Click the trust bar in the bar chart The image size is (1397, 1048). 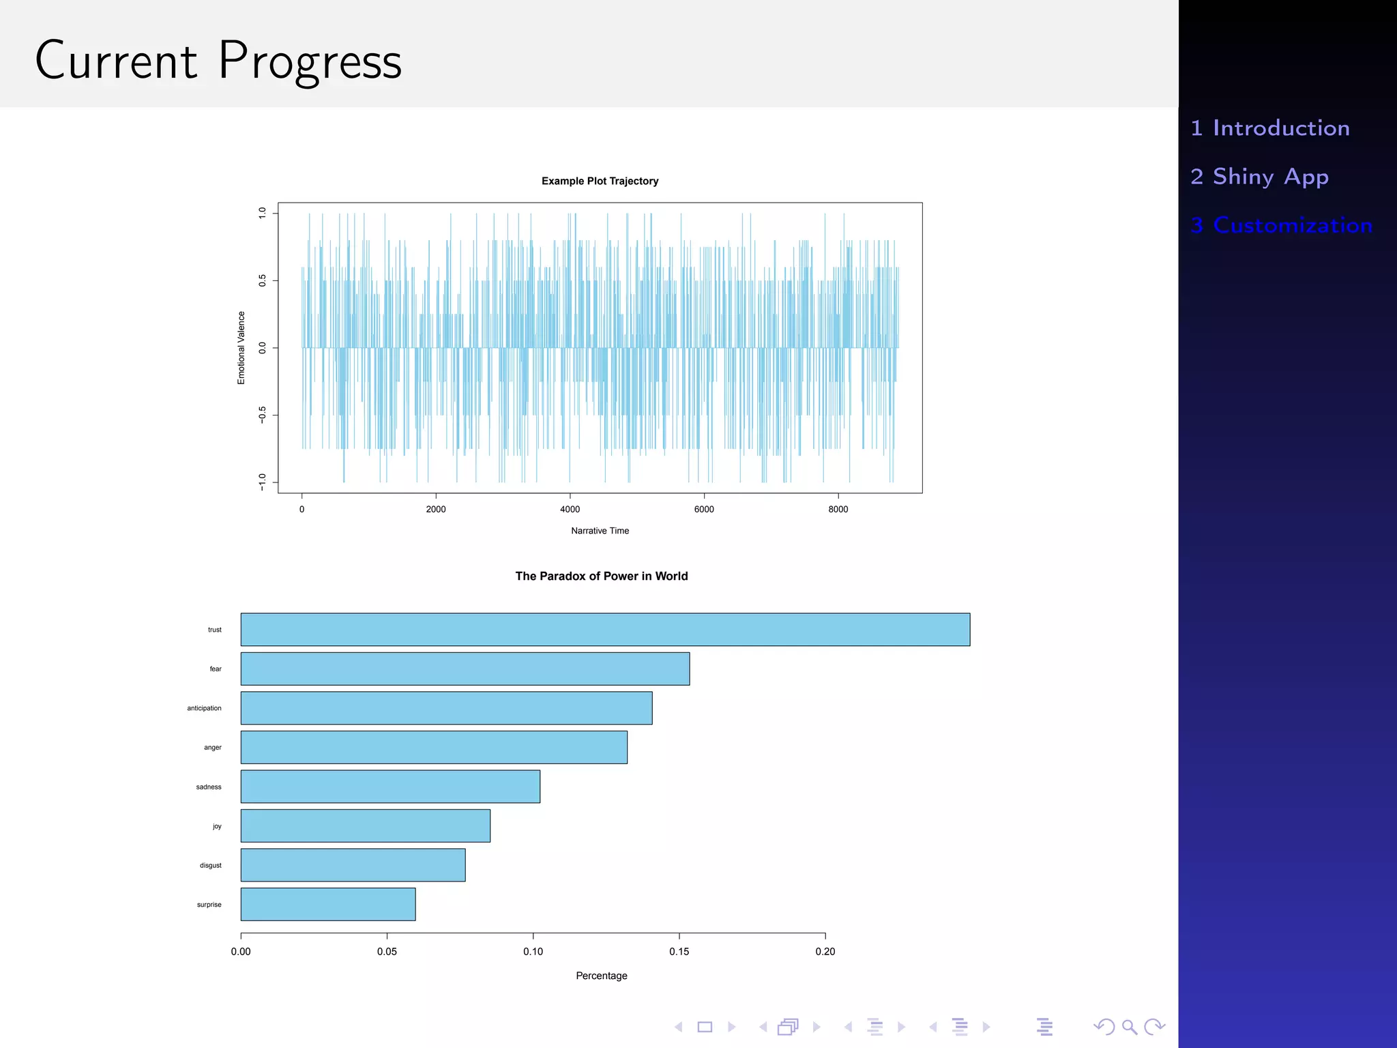pyautogui.click(x=605, y=629)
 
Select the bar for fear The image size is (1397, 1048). pyautogui.click(x=465, y=669)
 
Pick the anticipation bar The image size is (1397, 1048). pyautogui.click(x=446, y=708)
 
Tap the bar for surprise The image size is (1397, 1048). pyautogui.click(x=327, y=904)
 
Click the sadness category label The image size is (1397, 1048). pyautogui.click(x=209, y=787)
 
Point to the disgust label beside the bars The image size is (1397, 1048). pyautogui.click(x=210, y=865)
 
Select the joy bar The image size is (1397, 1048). pyautogui.click(x=365, y=826)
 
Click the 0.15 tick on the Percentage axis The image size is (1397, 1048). pyautogui.click(x=679, y=951)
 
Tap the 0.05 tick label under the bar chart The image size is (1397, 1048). pyautogui.click(x=387, y=951)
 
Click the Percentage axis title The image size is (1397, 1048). pyautogui.click(x=601, y=976)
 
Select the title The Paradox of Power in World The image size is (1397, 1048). pyautogui.click(x=601, y=576)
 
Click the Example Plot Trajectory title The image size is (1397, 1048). pyautogui.click(x=600, y=181)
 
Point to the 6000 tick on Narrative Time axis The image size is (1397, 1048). pyautogui.click(x=704, y=509)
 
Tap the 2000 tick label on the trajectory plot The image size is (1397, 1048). pyautogui.click(x=436, y=509)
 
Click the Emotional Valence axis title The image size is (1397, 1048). pyautogui.click(x=241, y=348)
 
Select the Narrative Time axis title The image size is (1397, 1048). pyautogui.click(x=600, y=531)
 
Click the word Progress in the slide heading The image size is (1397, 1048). pyautogui.click(x=310, y=61)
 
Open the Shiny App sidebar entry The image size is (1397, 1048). pyautogui.click(x=1259, y=177)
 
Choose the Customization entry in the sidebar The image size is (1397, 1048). pyautogui.click(x=1281, y=225)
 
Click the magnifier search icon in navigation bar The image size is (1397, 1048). pyautogui.click(x=1129, y=1027)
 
